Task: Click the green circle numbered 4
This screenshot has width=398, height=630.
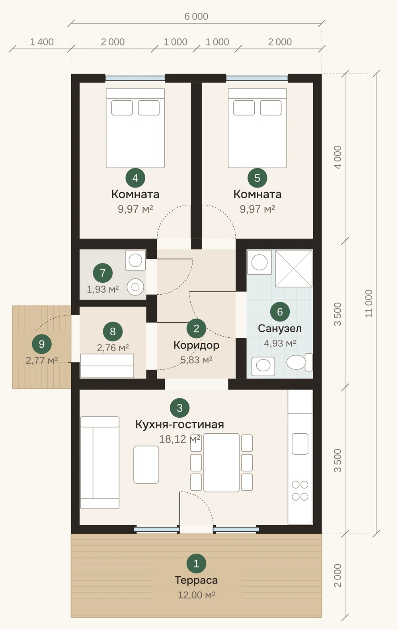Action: point(135,178)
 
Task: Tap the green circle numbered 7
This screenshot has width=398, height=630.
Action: point(103,272)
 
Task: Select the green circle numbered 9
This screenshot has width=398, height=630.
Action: point(42,344)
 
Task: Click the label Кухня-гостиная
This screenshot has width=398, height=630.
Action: point(179,424)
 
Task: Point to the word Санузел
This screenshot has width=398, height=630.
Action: point(280,328)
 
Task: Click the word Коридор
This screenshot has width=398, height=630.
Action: point(196,345)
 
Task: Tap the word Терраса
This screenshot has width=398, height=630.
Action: point(196,580)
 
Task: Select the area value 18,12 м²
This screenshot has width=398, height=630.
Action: point(179,439)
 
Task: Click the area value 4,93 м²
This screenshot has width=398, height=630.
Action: point(280,343)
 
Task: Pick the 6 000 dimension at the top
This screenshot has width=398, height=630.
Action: point(196,16)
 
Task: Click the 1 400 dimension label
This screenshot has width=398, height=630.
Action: point(42,42)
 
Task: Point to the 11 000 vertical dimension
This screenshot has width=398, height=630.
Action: point(369,303)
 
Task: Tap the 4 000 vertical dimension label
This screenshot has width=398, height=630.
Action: point(337,157)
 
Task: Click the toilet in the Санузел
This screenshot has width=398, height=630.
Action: point(300,362)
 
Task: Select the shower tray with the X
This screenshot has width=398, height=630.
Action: point(294,268)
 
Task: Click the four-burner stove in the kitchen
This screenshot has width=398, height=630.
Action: point(300,491)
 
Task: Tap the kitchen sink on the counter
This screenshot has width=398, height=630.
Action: point(300,444)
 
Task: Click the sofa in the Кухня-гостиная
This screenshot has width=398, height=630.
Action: point(100,463)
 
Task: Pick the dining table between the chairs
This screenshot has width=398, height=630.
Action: point(221,463)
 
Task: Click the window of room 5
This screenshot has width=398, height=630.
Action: point(257,78)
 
